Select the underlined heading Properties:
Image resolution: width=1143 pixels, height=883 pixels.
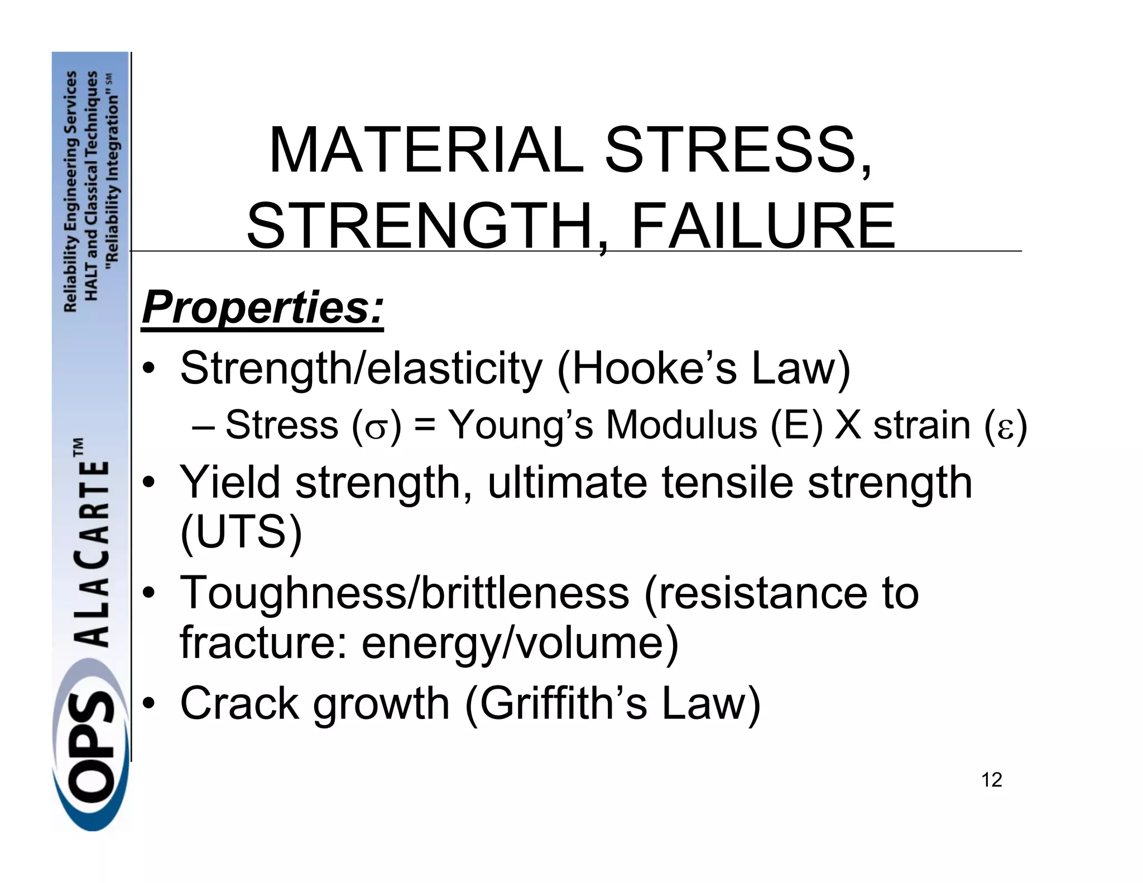pyautogui.click(x=263, y=308)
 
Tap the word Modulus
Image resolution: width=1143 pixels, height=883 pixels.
pyautogui.click(x=681, y=425)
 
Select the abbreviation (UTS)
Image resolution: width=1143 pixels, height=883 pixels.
pyautogui.click(x=241, y=532)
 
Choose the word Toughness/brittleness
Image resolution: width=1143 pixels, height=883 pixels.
pyautogui.click(x=405, y=593)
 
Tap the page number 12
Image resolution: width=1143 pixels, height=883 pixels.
pyautogui.click(x=992, y=780)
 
